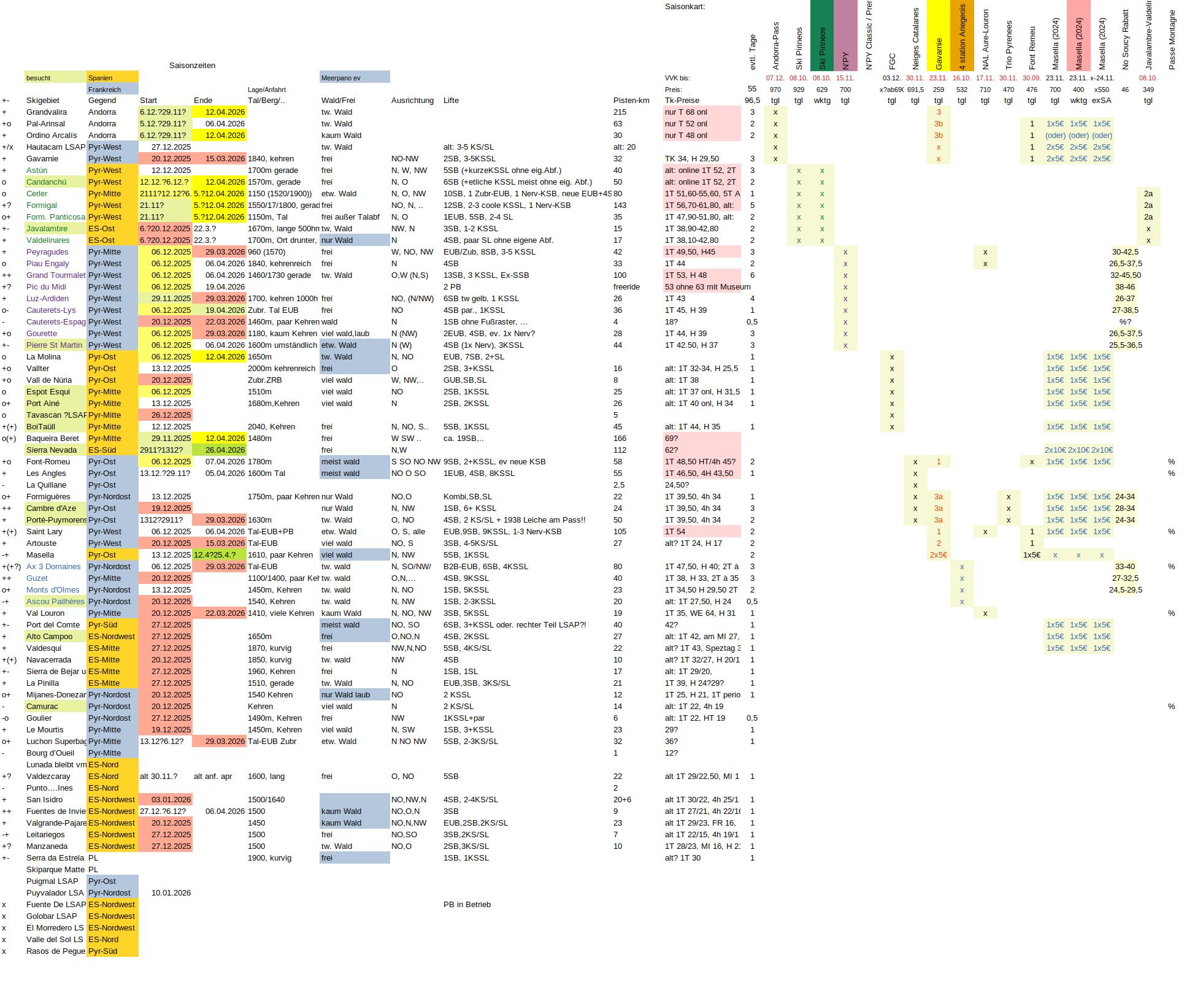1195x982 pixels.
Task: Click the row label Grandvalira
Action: pos(47,112)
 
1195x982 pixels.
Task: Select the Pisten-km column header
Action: pos(631,101)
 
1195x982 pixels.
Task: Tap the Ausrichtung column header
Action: pos(412,101)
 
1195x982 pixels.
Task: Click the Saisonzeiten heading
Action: pos(192,66)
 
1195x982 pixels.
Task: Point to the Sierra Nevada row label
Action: pos(52,450)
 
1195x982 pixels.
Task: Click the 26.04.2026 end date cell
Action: pos(219,450)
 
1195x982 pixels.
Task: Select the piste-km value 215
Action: pos(620,112)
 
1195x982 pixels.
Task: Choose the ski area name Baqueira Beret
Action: pos(53,439)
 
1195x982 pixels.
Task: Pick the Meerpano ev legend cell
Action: pos(354,78)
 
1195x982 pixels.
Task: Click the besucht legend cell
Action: pos(56,78)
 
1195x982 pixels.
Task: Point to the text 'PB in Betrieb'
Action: pos(467,905)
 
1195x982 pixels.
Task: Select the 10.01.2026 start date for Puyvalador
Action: pos(171,893)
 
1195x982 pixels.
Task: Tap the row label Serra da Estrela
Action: pos(55,858)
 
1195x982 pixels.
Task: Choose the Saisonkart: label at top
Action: pos(685,7)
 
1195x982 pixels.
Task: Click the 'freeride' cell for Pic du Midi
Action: pos(626,287)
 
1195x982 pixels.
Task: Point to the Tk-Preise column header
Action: pos(682,101)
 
